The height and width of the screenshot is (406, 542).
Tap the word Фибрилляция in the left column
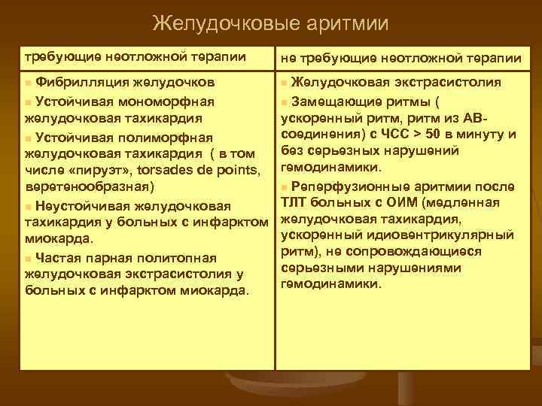tap(81, 81)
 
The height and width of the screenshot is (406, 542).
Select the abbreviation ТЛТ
tap(293, 202)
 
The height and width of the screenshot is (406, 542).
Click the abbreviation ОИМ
tap(392, 202)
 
